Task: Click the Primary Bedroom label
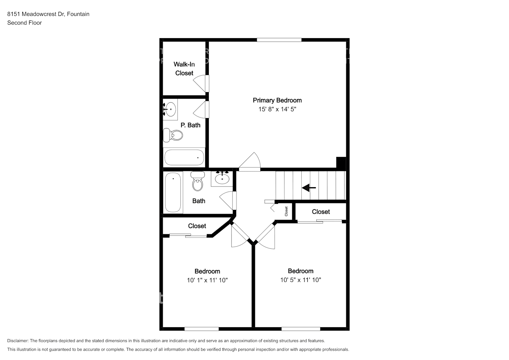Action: click(x=277, y=100)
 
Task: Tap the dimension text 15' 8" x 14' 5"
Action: click(x=277, y=109)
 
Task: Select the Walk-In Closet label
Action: click(x=184, y=69)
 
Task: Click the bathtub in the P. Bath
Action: click(x=184, y=157)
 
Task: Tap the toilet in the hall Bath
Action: click(x=197, y=181)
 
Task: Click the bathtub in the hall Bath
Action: click(x=173, y=192)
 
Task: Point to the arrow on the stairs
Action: click(x=309, y=188)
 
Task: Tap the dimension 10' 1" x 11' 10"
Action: click(x=207, y=280)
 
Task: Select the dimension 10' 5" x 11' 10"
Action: click(x=301, y=280)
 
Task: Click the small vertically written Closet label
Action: click(x=286, y=211)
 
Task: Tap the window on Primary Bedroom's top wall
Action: click(x=279, y=40)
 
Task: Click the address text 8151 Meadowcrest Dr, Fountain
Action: click(x=48, y=14)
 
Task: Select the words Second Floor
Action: click(x=24, y=23)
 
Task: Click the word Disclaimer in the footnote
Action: click(x=18, y=341)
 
